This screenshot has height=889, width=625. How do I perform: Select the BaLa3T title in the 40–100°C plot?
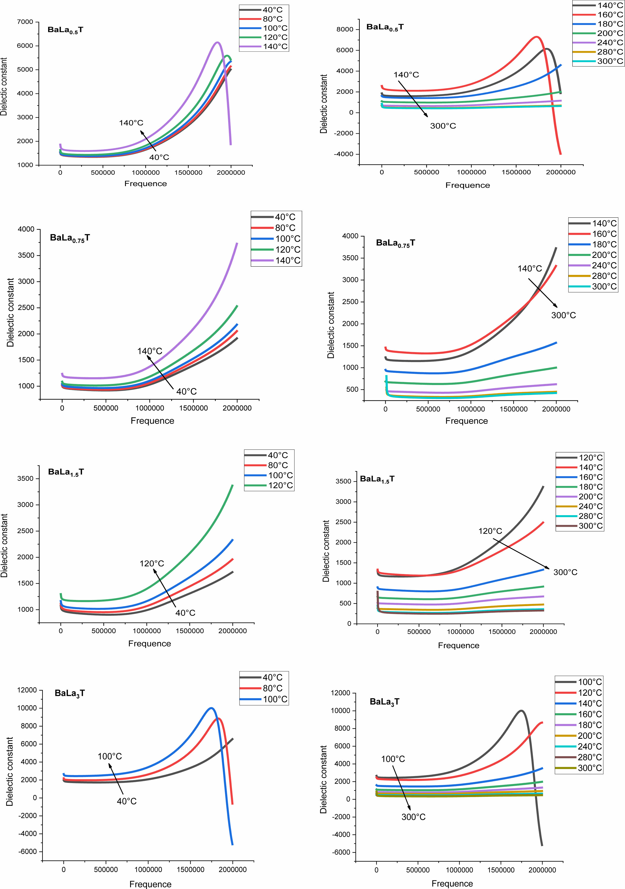click(70, 693)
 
